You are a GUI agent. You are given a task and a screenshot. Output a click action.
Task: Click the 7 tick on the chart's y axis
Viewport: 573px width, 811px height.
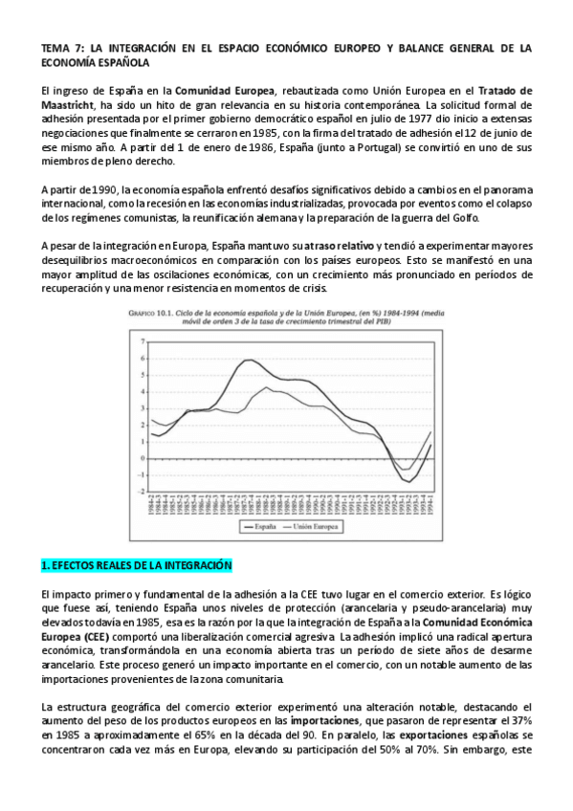pyautogui.click(x=142, y=341)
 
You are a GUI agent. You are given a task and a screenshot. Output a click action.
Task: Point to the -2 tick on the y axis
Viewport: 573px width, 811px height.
pyautogui.click(x=141, y=492)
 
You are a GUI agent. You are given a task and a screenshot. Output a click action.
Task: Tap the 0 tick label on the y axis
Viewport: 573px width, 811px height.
pyautogui.click(x=142, y=458)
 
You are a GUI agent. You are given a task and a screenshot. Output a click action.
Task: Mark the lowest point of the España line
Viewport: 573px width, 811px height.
pyautogui.click(x=408, y=482)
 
